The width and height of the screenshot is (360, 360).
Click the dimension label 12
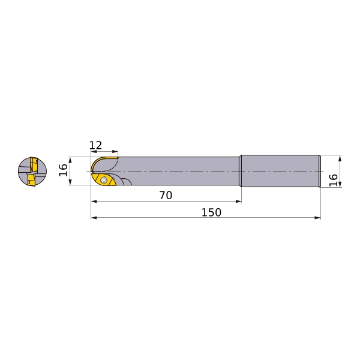tap(95, 145)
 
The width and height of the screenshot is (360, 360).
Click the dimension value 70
tap(166, 196)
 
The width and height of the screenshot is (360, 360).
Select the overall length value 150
tap(211, 212)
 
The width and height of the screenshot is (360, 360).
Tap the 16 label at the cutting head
tap(64, 170)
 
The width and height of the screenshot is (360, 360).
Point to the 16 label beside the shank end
tap(334, 180)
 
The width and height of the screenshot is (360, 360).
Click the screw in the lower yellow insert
tap(104, 180)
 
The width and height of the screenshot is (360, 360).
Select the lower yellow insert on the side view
tap(104, 179)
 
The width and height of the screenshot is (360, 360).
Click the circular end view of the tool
tap(32, 171)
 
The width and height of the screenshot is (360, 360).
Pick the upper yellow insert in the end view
tap(34, 164)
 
